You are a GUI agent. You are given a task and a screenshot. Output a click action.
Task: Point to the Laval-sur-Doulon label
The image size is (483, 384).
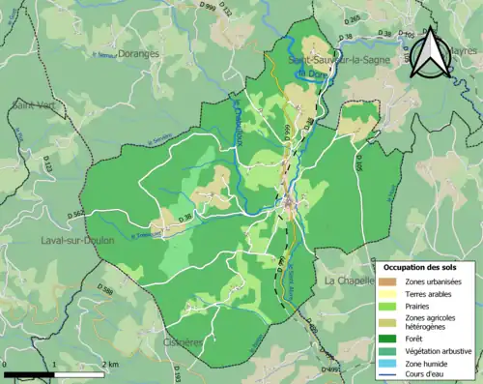pyautogui.click(x=77, y=240)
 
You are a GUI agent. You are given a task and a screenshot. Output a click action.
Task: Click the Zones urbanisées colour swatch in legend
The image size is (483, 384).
pyautogui.click(x=391, y=281)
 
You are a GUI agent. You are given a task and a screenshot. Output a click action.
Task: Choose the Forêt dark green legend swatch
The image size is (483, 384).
pyautogui.click(x=391, y=339)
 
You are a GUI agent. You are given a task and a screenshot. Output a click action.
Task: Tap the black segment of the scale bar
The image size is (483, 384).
pyautogui.click(x=29, y=372)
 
